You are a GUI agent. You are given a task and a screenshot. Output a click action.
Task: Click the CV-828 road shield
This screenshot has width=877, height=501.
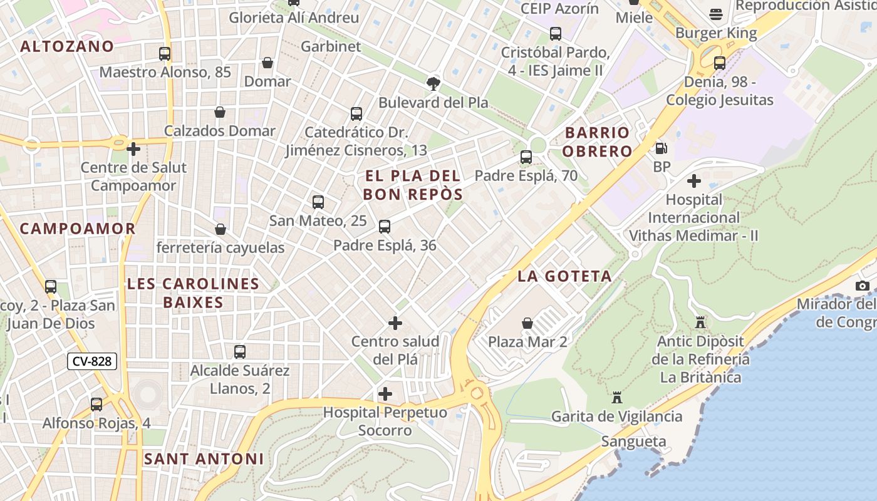click(92, 361)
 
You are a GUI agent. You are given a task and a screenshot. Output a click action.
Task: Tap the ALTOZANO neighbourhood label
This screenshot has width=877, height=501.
click(67, 46)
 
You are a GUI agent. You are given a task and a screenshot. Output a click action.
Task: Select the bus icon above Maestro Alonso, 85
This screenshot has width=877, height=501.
click(165, 54)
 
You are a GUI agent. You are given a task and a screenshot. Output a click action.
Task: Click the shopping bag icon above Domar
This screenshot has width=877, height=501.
click(267, 63)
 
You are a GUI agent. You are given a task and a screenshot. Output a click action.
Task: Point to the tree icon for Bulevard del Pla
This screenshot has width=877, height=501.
click(433, 83)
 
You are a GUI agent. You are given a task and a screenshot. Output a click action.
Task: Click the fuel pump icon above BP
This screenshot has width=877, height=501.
click(661, 148)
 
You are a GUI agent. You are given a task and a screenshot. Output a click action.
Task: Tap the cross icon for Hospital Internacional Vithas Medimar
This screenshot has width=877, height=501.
click(693, 182)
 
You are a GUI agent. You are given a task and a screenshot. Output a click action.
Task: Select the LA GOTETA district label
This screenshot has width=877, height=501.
click(564, 276)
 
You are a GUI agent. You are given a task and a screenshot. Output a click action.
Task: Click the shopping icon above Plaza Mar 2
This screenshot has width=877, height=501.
click(527, 323)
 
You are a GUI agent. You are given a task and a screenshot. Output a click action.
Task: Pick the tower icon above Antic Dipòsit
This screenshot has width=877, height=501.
click(700, 323)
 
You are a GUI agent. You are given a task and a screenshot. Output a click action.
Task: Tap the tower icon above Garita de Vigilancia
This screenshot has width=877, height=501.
click(617, 398)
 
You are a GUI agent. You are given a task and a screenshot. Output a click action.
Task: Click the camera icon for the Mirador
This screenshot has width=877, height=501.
click(863, 286)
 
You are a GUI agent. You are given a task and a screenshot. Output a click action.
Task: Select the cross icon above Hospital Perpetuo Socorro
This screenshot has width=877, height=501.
click(385, 394)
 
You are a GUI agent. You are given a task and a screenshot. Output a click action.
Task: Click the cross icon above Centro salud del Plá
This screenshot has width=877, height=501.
click(395, 323)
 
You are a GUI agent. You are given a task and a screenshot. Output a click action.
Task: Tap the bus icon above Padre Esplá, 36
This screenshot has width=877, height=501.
click(385, 227)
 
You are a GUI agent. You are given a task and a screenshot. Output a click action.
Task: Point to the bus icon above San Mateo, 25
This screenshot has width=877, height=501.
click(318, 202)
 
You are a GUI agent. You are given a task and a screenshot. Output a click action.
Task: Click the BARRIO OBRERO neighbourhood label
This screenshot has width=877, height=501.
click(597, 142)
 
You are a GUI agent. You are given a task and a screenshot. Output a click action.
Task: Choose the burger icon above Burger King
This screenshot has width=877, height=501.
click(716, 14)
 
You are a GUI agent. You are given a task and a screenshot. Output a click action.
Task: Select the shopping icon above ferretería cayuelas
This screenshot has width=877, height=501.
click(220, 230)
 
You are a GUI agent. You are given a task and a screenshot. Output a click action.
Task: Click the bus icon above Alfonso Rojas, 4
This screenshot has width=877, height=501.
click(96, 405)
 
